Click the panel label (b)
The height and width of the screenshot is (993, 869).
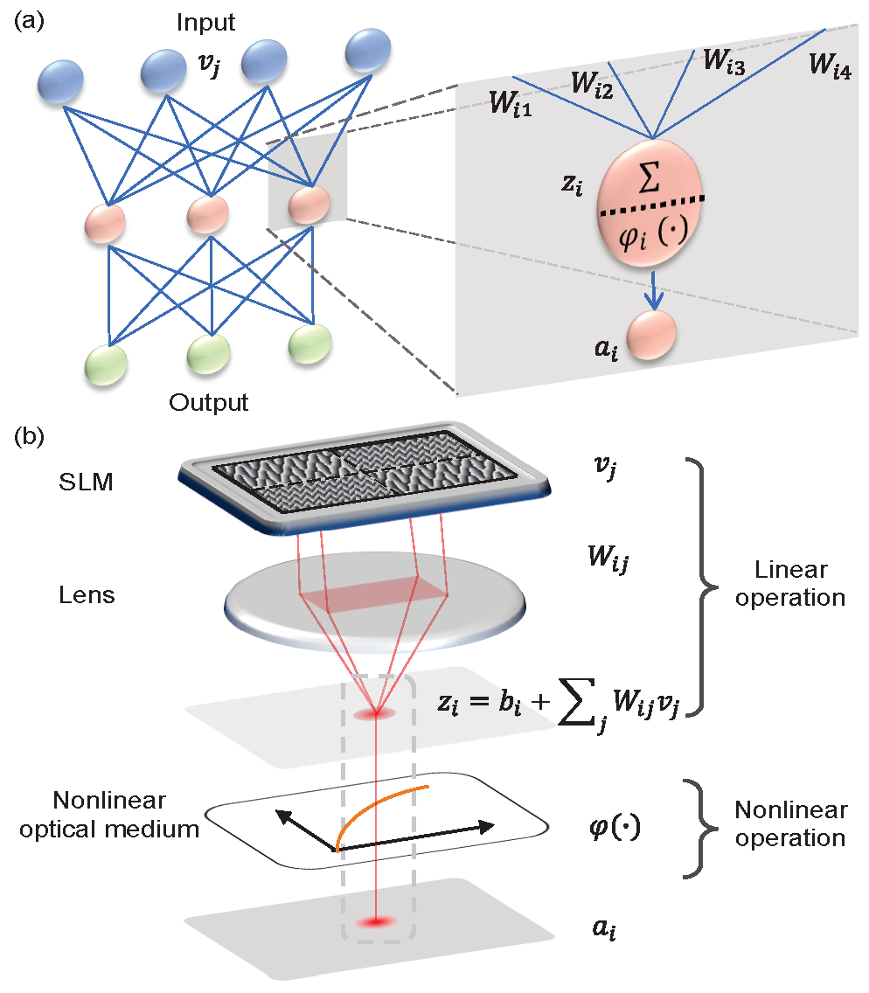(x=25, y=434)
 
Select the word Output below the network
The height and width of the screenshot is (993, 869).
(x=209, y=403)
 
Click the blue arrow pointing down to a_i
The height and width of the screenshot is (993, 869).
(x=652, y=288)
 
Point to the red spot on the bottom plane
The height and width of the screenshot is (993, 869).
(x=377, y=921)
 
